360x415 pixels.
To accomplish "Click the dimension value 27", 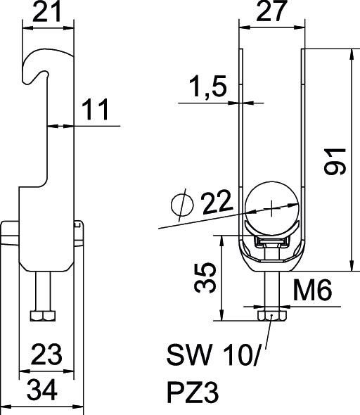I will tap(271, 13).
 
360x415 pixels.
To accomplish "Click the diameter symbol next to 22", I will tap(181, 205).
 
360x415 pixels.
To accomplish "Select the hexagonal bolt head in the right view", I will tap(271, 315).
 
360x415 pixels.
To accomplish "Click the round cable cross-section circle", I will tap(271, 207).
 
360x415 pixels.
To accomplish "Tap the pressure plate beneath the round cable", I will tap(271, 241).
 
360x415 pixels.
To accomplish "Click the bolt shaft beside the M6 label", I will tap(271, 290).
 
